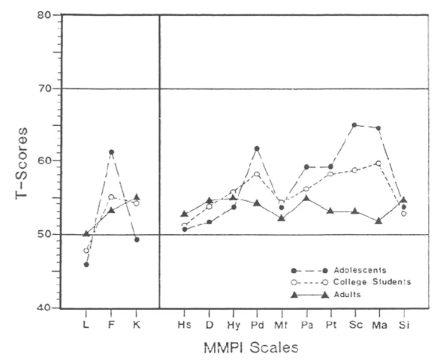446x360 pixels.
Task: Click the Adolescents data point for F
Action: point(111,152)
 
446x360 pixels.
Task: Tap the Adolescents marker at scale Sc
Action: point(354,125)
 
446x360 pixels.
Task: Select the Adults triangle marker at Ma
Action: point(378,220)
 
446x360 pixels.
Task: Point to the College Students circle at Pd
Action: point(257,175)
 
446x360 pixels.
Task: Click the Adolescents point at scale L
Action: point(86,265)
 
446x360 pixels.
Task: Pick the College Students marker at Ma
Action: point(378,163)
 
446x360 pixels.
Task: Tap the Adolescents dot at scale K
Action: point(137,239)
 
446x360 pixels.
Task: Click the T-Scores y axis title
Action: point(22,161)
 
